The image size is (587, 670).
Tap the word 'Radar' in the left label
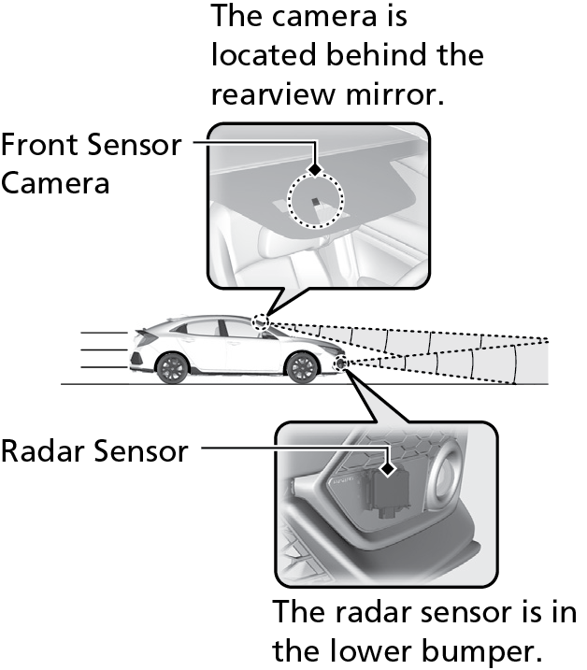43,450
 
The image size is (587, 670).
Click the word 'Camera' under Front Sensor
55,183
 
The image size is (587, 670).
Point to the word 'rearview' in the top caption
273,94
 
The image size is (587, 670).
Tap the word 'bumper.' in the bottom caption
481,650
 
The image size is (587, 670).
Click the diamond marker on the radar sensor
388,469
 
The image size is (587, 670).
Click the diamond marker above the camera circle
315,170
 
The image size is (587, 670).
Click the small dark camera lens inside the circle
315,201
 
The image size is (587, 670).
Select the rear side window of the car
202,328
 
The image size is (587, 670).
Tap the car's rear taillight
136,359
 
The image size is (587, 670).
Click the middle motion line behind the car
104,350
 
